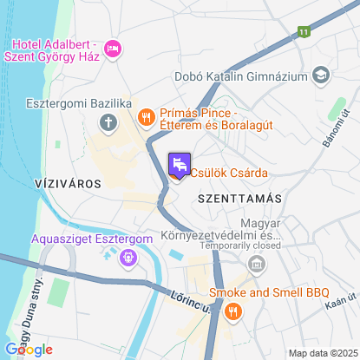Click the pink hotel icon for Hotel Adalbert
coord(111,49)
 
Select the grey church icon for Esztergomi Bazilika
coord(108,121)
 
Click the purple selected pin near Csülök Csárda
coord(178,163)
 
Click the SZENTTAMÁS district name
coord(240,199)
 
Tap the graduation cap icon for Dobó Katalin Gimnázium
coord(321,76)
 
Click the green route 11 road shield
coord(303,32)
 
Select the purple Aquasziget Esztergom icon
coord(128,257)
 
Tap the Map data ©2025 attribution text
coord(322,352)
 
